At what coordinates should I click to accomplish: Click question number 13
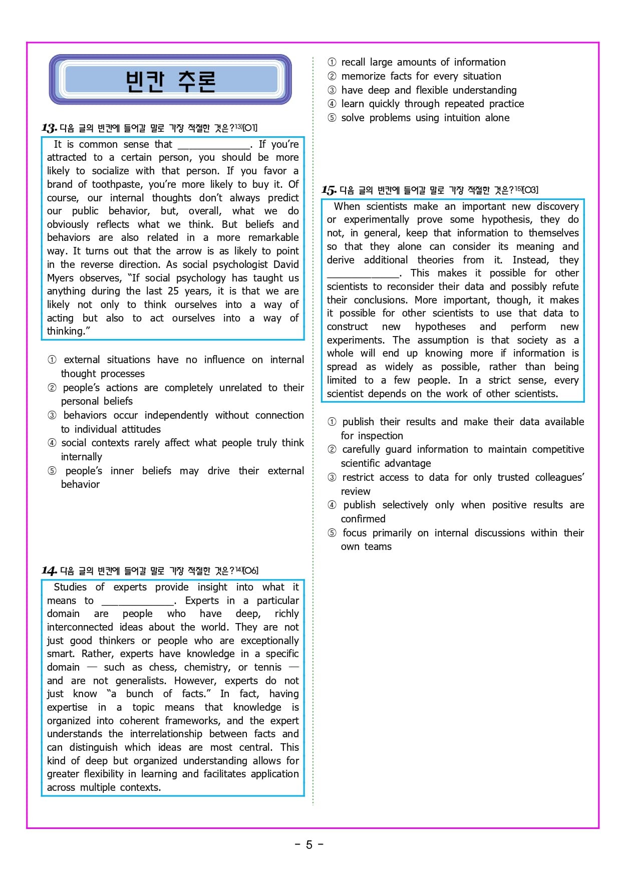point(49,128)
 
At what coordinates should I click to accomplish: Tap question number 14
point(49,571)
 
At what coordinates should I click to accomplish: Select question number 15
point(329,190)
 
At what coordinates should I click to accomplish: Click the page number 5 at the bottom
point(309,845)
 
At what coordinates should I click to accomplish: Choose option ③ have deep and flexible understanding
point(429,90)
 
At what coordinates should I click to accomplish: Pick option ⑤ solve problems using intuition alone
point(425,118)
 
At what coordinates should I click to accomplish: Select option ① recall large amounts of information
point(423,62)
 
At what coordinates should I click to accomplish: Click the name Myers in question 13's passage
point(60,278)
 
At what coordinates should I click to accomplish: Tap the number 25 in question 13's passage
point(173,291)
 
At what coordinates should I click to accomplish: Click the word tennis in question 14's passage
point(268,667)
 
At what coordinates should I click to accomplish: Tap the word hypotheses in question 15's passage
point(440,327)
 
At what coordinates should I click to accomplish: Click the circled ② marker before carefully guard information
point(332,449)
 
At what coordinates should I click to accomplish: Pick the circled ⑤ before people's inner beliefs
point(52,471)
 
